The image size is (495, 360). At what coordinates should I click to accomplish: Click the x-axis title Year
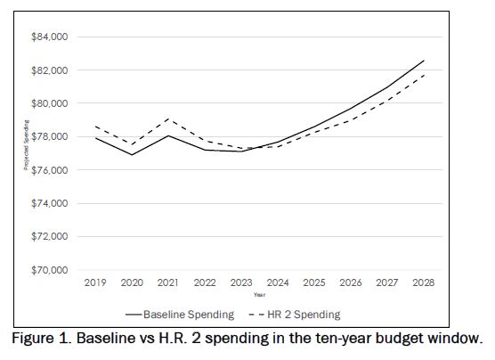click(x=258, y=294)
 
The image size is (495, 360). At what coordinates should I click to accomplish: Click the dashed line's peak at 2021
click(x=168, y=119)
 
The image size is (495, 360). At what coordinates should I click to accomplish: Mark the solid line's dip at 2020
click(x=132, y=154)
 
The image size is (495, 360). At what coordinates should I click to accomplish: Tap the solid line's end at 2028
click(x=424, y=61)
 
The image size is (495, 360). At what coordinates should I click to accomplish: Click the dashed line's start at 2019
click(x=95, y=127)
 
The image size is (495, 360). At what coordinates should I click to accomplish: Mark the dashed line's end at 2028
click(x=424, y=74)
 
